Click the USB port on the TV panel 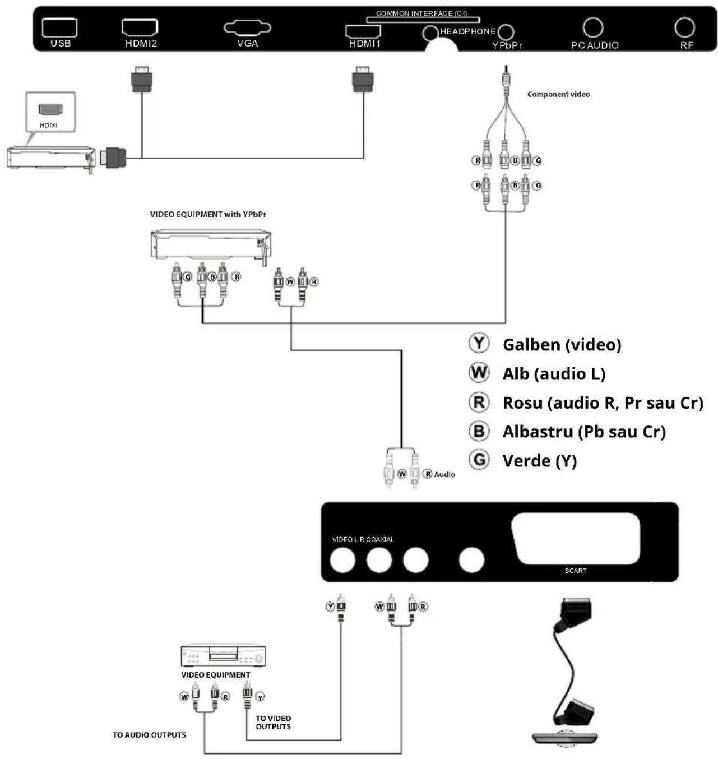59,27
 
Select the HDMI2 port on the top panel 140,27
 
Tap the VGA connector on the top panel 247,27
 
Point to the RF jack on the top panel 684,27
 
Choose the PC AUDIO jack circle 593,27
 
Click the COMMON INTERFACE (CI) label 421,13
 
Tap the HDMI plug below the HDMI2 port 142,79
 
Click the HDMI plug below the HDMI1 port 363,79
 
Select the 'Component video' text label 558,94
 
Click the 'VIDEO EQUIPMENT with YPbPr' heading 208,214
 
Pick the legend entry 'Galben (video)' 562,344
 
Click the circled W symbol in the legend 479,372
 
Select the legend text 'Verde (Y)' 539,461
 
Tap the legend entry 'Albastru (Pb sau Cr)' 584,432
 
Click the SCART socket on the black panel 576,538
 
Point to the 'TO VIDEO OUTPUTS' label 273,722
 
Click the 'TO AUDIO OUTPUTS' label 149,735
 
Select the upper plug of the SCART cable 576,612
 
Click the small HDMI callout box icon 50,111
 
